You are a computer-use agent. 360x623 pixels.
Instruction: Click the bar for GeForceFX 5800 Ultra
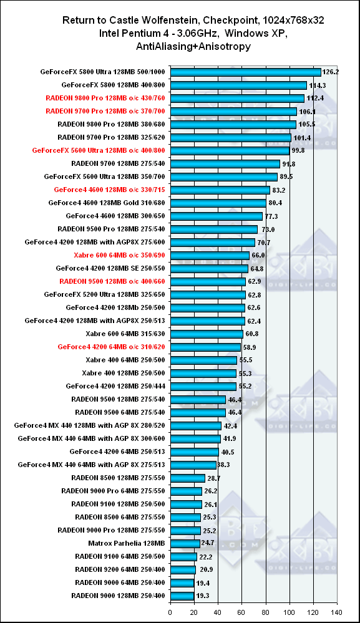(x=246, y=72)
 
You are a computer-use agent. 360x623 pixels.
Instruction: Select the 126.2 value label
(x=331, y=72)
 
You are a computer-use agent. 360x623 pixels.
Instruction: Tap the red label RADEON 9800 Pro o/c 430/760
(x=105, y=98)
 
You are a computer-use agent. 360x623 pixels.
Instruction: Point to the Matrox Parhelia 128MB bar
(x=185, y=543)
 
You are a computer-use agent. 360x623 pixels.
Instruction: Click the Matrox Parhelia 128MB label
(x=127, y=543)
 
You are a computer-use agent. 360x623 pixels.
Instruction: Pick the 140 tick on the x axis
(x=337, y=612)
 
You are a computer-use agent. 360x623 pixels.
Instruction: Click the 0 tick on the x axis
(x=170, y=612)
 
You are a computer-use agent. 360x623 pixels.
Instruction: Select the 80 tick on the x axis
(x=266, y=612)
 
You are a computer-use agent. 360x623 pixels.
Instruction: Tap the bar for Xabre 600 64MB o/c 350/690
(x=210, y=255)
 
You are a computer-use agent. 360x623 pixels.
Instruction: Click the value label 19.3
(x=203, y=596)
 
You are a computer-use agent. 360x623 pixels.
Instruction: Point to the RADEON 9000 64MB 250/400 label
(x=120, y=582)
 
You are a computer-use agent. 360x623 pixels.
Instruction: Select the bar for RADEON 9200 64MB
(x=183, y=569)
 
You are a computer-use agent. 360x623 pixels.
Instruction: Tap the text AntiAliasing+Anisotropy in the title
(x=193, y=47)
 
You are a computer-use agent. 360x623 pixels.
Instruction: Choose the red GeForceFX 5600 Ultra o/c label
(x=99, y=150)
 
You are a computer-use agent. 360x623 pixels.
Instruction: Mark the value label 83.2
(x=278, y=190)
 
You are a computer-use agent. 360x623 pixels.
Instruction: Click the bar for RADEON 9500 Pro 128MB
(x=214, y=229)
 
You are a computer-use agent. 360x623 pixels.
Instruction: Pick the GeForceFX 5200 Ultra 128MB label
(x=104, y=294)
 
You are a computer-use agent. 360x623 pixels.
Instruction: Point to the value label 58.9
(x=250, y=347)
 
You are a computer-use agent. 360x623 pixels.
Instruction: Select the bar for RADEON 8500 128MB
(x=188, y=478)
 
